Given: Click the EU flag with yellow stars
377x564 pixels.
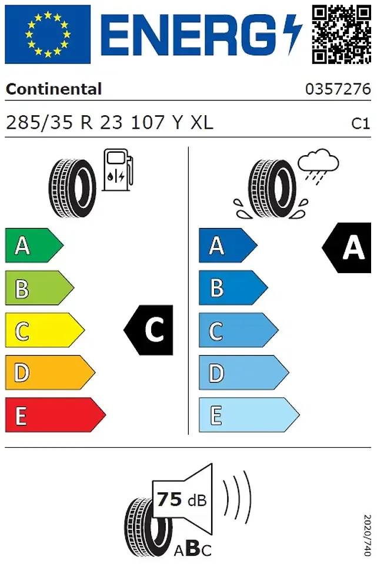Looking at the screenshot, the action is click(48, 34).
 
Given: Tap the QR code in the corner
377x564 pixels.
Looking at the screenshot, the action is click(341, 35).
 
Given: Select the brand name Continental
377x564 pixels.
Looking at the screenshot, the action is click(54, 89).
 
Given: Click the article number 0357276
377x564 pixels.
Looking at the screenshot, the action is click(338, 89).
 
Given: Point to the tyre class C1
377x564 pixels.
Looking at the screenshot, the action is click(361, 123).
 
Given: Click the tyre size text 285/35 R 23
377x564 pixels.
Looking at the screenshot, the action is click(65, 123).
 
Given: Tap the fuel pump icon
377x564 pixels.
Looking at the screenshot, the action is click(118, 170).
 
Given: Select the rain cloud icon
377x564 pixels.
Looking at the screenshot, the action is click(318, 166).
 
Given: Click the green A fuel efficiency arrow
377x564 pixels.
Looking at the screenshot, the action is click(34, 246).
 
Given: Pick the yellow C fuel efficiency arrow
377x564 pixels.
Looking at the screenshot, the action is click(45, 330).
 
